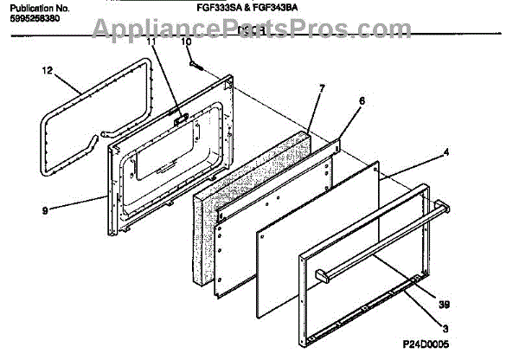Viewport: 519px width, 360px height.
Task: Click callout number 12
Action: click(47, 70)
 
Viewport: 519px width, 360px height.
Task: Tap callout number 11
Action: click(152, 42)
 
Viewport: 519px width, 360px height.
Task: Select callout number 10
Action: click(185, 42)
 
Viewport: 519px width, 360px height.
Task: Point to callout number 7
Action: click(322, 87)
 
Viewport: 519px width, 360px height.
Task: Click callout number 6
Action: click(362, 100)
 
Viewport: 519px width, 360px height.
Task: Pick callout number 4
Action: click(446, 153)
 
